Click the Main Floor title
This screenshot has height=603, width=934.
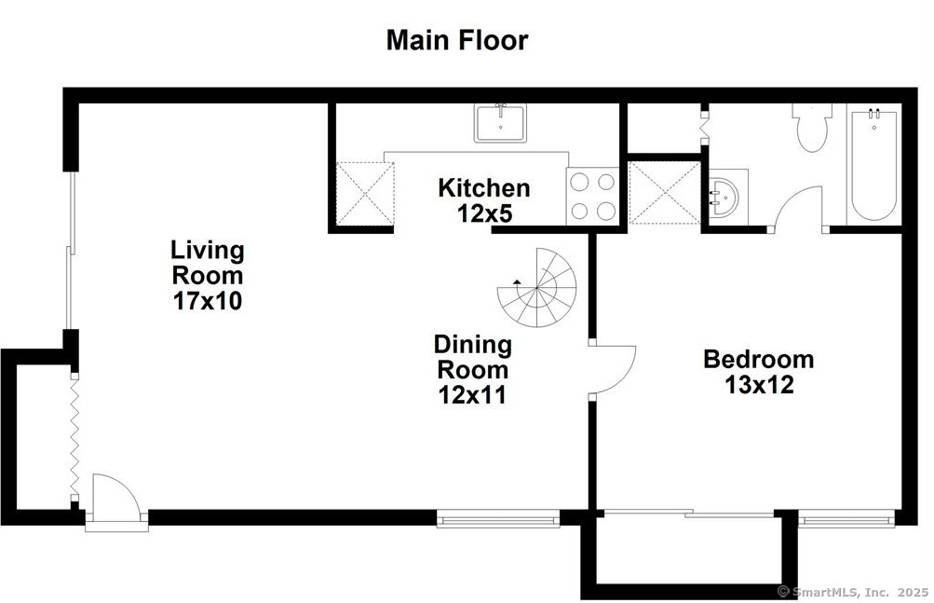click(x=457, y=41)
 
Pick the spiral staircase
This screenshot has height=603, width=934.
click(x=537, y=287)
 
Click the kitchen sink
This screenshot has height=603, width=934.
click(x=500, y=123)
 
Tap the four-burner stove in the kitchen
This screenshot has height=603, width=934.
click(x=592, y=196)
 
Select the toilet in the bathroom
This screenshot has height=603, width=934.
click(x=812, y=128)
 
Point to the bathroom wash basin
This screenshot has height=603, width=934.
click(x=724, y=198)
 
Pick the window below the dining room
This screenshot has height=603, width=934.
click(x=498, y=519)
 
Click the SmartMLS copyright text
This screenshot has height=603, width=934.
click(x=852, y=592)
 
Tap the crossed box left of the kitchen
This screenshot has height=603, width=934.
click(x=364, y=193)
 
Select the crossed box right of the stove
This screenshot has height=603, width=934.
click(x=664, y=193)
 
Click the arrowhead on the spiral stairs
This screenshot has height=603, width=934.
click(x=517, y=281)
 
